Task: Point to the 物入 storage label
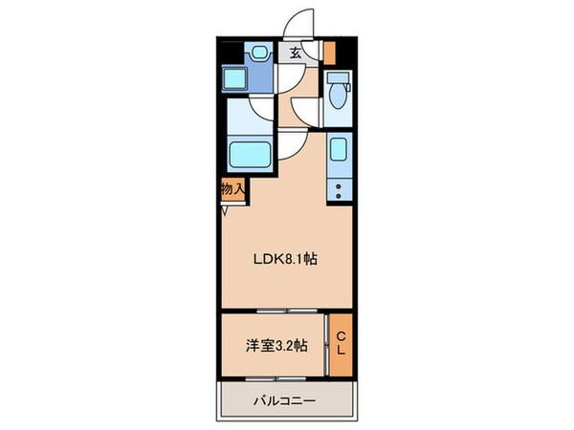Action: pyautogui.click(x=232, y=189)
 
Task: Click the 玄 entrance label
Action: pyautogui.click(x=296, y=54)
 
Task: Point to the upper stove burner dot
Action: pyautogui.click(x=338, y=181)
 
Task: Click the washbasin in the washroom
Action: pyautogui.click(x=258, y=54)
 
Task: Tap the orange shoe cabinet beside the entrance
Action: pyautogui.click(x=329, y=52)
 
